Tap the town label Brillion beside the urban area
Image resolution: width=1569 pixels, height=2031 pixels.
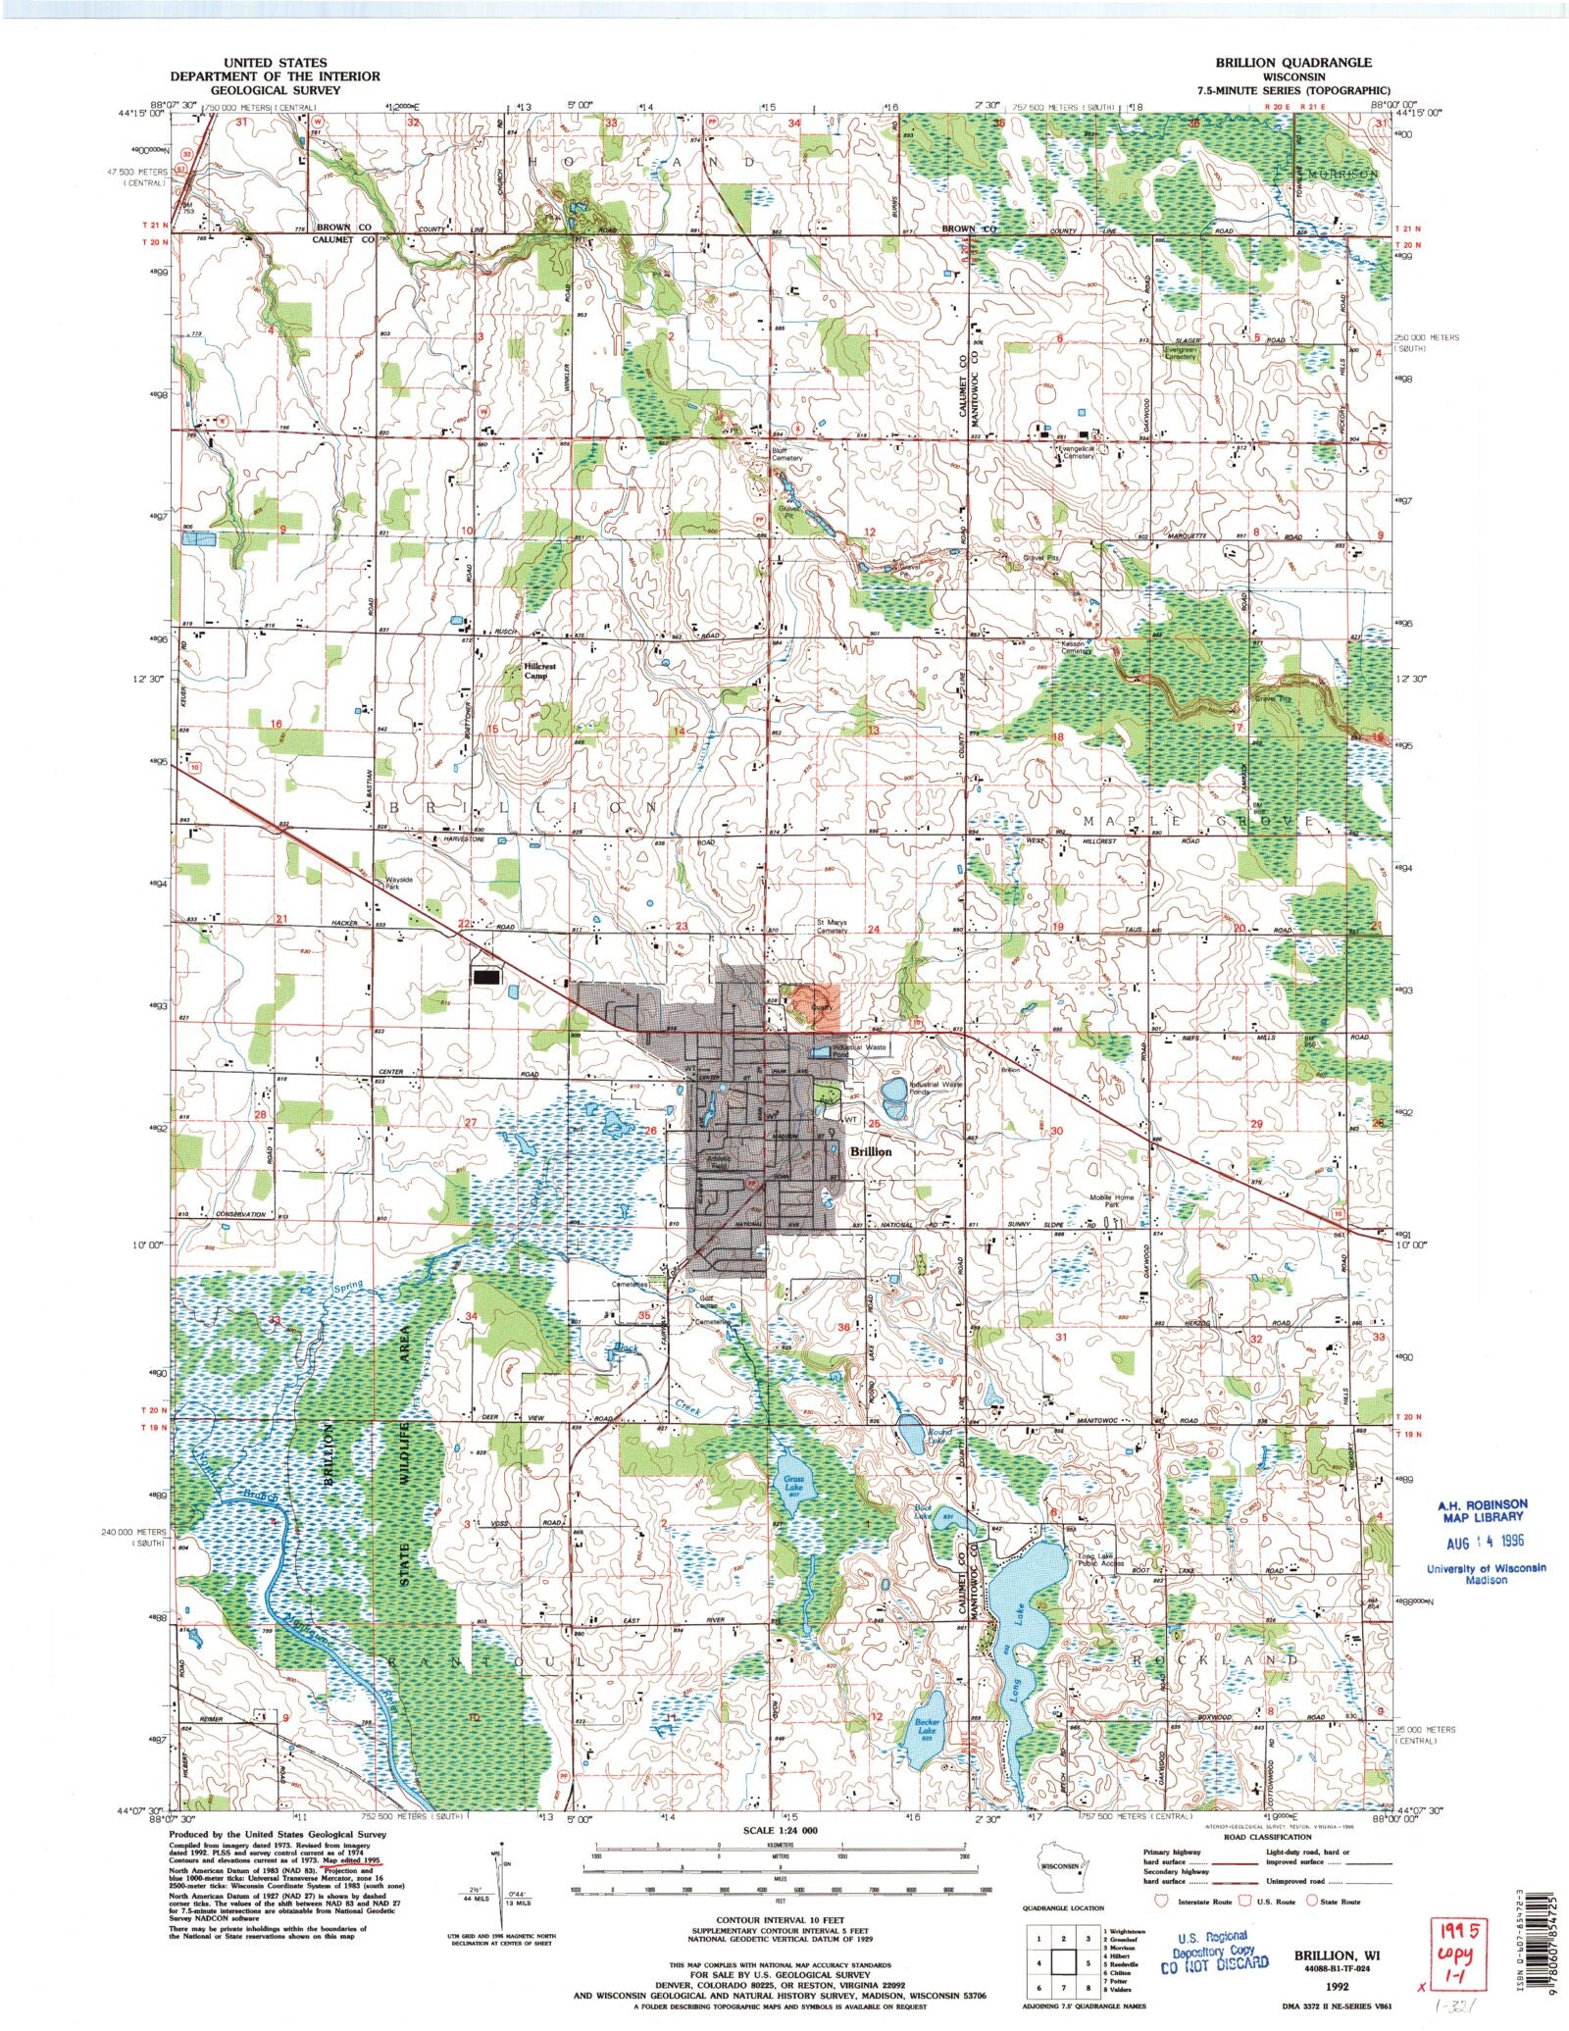coord(870,1151)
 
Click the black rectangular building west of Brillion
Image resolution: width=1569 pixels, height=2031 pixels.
coord(485,976)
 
